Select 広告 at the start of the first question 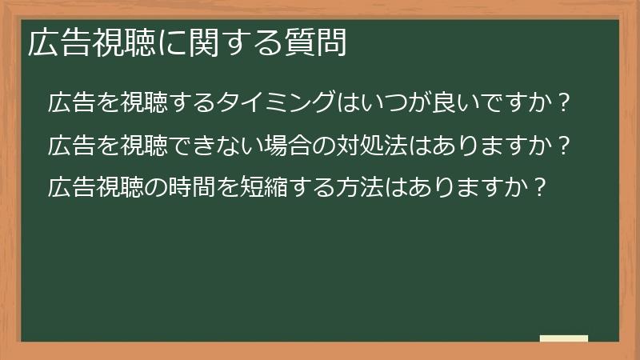point(69,104)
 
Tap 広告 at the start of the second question point(69,146)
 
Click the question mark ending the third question point(541,188)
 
